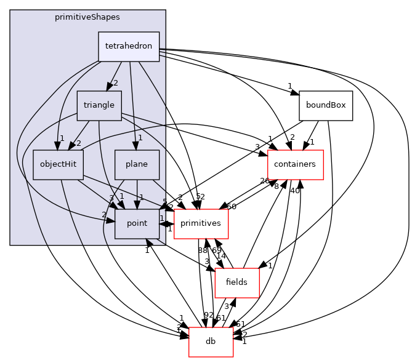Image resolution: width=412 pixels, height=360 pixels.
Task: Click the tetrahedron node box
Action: pyautogui.click(x=129, y=46)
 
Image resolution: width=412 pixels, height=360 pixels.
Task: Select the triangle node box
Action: pyautogui.click(x=99, y=105)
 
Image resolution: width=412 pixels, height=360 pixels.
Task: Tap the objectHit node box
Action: pyautogui.click(x=58, y=164)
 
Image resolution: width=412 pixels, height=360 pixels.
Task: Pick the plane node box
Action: pyautogui.click(x=137, y=164)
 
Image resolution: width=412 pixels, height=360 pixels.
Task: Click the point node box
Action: pyautogui.click(x=137, y=223)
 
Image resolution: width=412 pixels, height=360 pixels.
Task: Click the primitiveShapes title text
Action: pyautogui.click(x=87, y=17)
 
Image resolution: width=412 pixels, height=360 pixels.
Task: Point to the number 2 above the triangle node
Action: pyautogui.click(x=115, y=83)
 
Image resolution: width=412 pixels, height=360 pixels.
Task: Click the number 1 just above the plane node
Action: pyautogui.click(x=140, y=138)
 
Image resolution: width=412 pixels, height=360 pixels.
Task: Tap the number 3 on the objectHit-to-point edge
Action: pyautogui.click(x=111, y=198)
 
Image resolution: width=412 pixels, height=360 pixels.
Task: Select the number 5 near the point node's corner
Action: pyautogui.click(x=164, y=201)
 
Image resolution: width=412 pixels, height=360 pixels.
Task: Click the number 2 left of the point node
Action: pyautogui.click(x=104, y=214)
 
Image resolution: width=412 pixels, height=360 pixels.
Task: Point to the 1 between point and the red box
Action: pyautogui.click(x=162, y=218)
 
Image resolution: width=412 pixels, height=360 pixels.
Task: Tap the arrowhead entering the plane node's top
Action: pyautogui.click(x=136, y=145)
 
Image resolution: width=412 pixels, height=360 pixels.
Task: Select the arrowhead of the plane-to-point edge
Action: pyautogui.click(x=137, y=204)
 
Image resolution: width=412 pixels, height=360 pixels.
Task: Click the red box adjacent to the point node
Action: pyautogui.click(x=201, y=223)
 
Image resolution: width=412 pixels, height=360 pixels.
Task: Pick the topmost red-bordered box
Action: pyautogui.click(x=295, y=164)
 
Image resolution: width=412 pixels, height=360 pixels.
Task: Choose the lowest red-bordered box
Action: pyautogui.click(x=211, y=342)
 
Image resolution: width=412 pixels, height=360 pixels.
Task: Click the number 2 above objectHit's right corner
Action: pyautogui.click(x=78, y=143)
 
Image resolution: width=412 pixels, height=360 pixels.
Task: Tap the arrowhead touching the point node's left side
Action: pyautogui.click(x=110, y=220)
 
